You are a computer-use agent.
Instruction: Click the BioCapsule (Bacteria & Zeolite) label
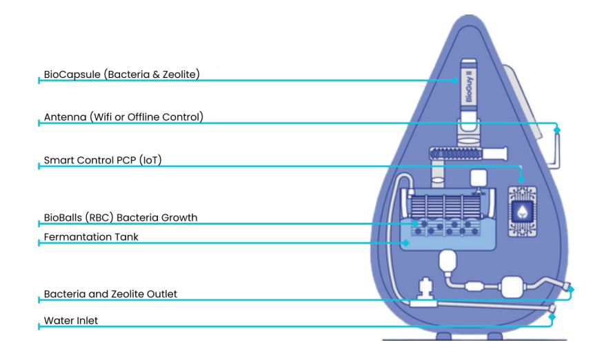click(121, 73)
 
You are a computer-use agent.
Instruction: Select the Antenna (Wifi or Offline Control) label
click(123, 117)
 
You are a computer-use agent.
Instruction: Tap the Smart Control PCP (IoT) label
click(107, 160)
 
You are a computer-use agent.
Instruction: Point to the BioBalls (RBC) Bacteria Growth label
click(121, 217)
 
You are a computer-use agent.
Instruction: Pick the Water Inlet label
click(72, 320)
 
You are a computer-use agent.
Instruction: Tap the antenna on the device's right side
click(557, 148)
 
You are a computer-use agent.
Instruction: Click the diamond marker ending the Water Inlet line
click(552, 317)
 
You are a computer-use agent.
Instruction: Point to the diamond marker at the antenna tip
click(557, 129)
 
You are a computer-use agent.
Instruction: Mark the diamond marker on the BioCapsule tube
click(456, 80)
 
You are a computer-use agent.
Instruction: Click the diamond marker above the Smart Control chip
click(522, 180)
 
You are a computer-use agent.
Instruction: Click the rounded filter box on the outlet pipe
click(514, 287)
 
